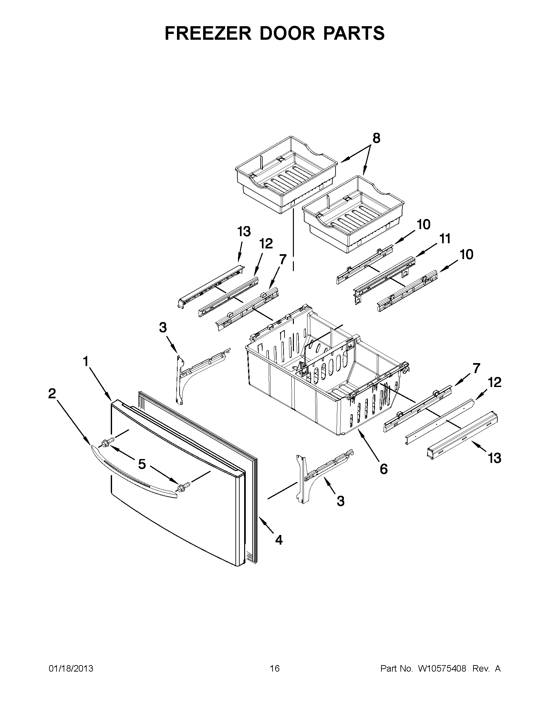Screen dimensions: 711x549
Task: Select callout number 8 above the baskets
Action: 376,138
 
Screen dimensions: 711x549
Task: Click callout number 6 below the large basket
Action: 384,469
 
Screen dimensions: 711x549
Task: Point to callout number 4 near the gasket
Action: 279,540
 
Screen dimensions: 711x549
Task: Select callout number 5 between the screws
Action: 142,464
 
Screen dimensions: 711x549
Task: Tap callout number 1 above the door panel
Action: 86,361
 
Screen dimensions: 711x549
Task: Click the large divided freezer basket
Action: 326,374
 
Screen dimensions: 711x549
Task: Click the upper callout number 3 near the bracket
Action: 163,327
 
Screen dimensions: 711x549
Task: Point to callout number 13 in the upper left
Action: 244,232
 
